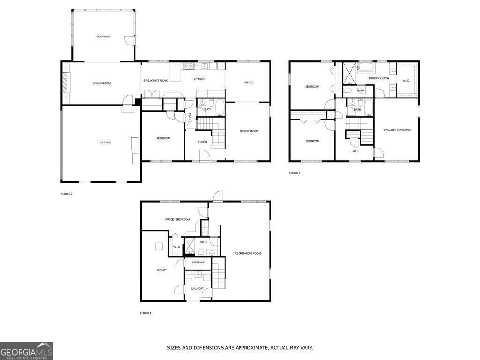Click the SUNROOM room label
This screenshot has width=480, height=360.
103,37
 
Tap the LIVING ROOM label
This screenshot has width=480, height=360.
101,83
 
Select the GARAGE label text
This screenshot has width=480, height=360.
105,142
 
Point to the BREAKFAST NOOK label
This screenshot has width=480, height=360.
156,81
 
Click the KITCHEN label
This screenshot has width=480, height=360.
200,79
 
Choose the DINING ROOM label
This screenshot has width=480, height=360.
249,131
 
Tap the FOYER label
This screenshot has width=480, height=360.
202,142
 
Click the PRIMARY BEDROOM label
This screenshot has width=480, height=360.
397,130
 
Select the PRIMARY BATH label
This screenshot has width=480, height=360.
379,78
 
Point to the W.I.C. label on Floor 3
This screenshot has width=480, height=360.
406,81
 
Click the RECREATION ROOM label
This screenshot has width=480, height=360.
247,253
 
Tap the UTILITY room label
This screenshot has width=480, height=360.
162,270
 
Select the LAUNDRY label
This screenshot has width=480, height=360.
197,288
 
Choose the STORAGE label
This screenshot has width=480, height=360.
198,262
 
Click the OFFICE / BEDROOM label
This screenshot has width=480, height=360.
177,219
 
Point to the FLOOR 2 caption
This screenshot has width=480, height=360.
67,194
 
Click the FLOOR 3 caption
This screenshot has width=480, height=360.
294,173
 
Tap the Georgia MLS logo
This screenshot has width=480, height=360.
27,351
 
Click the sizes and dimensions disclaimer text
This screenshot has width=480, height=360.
240,348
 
